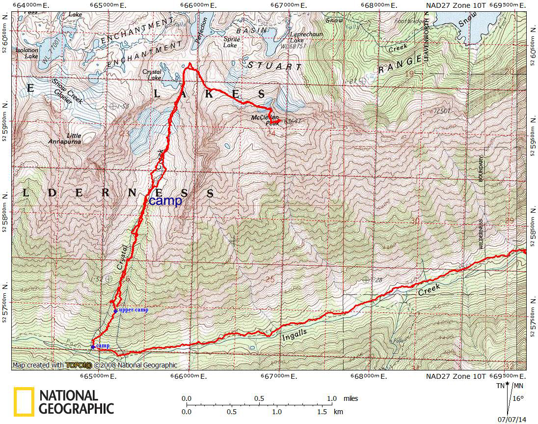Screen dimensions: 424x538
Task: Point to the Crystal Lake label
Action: [152, 75]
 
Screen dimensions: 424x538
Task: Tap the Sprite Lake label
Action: [231, 42]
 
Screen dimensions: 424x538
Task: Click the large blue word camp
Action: [165, 200]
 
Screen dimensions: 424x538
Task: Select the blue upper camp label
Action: [133, 310]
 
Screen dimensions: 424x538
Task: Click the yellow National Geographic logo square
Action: [24, 402]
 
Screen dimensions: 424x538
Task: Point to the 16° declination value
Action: [518, 399]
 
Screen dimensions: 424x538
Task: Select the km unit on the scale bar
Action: [339, 411]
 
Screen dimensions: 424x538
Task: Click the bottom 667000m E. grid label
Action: [279, 376]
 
